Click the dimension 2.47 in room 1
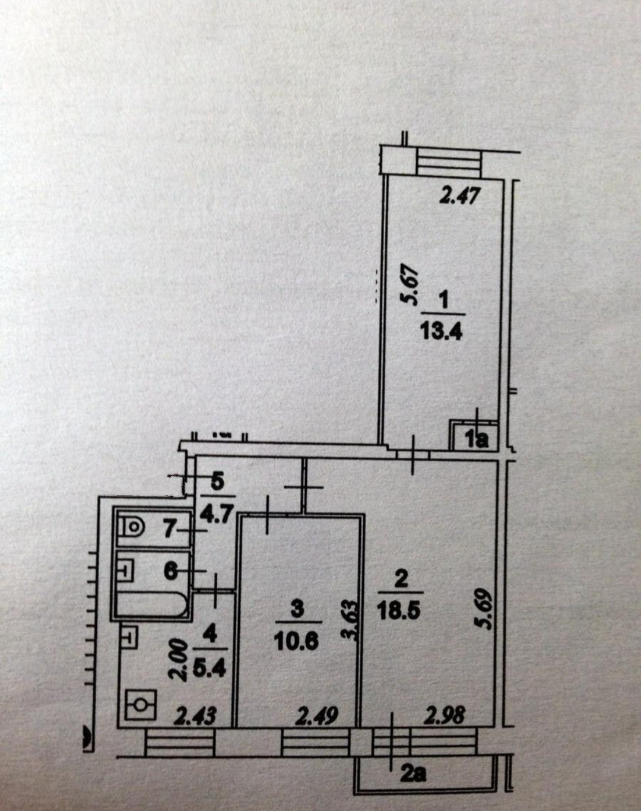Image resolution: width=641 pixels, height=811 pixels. pyautogui.click(x=458, y=195)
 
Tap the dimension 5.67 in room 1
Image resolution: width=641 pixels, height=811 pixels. pyautogui.click(x=411, y=289)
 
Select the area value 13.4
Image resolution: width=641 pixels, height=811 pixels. pyautogui.click(x=441, y=330)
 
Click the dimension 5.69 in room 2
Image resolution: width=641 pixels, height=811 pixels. pyautogui.click(x=484, y=608)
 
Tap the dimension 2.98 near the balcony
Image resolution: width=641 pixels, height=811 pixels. pyautogui.click(x=444, y=715)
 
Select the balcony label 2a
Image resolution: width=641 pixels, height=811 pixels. pyautogui.click(x=413, y=774)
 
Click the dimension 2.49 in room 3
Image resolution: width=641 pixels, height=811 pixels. pyautogui.click(x=316, y=715)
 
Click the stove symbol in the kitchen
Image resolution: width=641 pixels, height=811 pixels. pyautogui.click(x=141, y=704)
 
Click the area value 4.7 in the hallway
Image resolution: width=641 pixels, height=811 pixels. pyautogui.click(x=218, y=512)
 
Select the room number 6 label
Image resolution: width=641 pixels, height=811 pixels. pyautogui.click(x=171, y=571)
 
